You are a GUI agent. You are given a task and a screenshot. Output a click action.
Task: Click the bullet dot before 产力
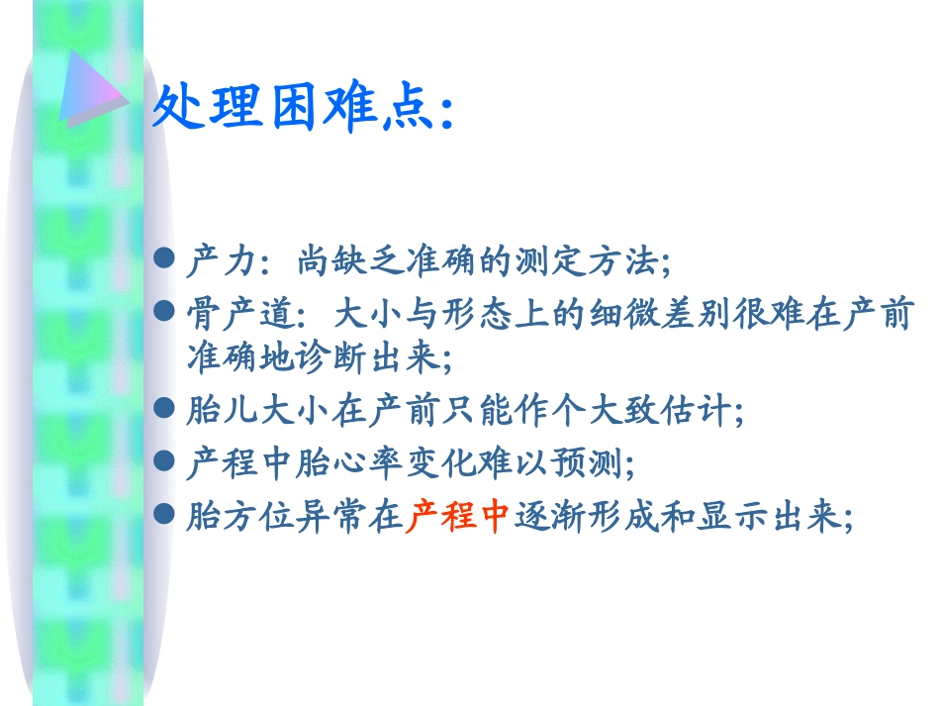[x=167, y=261]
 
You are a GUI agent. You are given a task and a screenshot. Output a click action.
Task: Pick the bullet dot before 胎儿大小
[x=167, y=409]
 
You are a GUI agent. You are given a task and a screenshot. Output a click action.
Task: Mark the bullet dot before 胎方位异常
[x=167, y=516]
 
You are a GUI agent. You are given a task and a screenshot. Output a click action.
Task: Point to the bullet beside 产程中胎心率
[x=167, y=462]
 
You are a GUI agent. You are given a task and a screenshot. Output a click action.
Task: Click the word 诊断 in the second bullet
[x=336, y=357]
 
